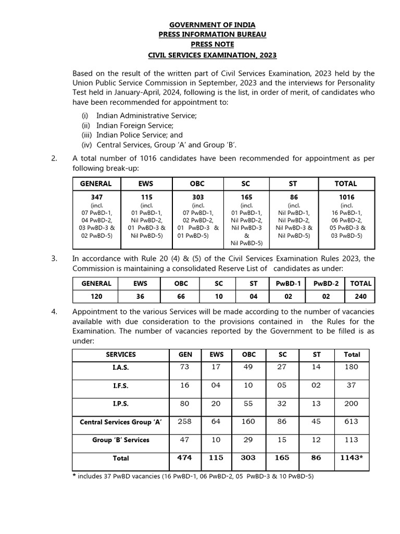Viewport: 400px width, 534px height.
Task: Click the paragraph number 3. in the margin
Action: tap(54, 259)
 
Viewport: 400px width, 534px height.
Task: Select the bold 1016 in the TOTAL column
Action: tap(346, 197)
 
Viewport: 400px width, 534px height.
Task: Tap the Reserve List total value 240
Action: tap(361, 296)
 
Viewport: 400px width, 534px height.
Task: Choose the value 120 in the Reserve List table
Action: tap(96, 296)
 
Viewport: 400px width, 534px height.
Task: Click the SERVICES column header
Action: tap(120, 354)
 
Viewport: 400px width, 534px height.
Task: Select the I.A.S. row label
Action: tap(120, 367)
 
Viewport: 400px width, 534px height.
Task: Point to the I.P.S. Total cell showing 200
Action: tap(352, 403)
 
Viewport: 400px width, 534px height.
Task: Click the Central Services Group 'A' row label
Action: tap(120, 422)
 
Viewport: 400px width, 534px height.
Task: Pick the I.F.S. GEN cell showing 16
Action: tap(185, 385)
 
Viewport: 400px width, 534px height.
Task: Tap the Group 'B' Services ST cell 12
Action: tap(317, 440)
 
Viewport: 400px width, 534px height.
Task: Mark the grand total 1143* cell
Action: tap(352, 457)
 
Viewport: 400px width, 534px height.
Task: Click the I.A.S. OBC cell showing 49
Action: tap(249, 367)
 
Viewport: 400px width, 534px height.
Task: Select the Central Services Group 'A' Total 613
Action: tap(352, 421)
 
